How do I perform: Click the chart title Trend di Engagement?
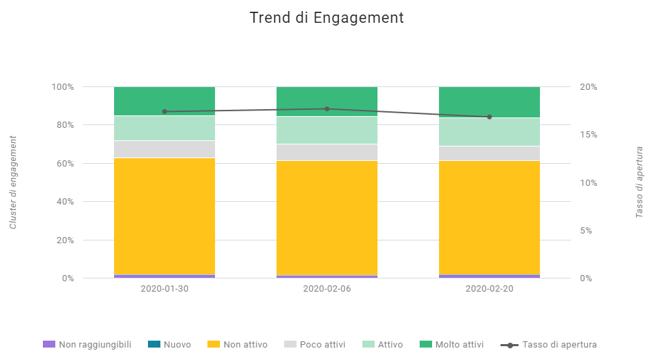(326, 18)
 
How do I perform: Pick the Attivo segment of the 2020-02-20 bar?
(489, 132)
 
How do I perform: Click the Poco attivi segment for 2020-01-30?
(165, 149)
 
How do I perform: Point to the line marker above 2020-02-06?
(327, 108)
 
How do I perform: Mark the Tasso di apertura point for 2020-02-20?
(489, 117)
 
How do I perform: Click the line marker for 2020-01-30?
(165, 111)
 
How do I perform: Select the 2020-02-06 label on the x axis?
(327, 288)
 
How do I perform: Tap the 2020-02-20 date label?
(489, 288)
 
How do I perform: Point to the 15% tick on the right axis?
(588, 135)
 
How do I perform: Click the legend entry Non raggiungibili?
(86, 344)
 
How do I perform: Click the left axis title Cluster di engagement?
(13, 182)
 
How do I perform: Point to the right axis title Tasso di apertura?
(639, 182)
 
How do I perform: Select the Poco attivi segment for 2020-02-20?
(489, 153)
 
